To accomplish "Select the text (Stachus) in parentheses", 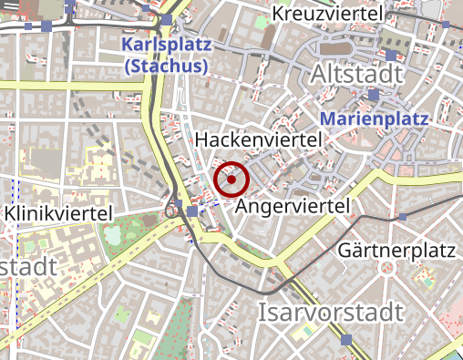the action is pyautogui.click(x=166, y=67).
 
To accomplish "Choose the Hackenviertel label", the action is pyautogui.click(x=260, y=139).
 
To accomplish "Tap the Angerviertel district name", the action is pyautogui.click(x=293, y=207).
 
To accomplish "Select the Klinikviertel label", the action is pyautogui.click(x=59, y=212).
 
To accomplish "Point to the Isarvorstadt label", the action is pyautogui.click(x=331, y=313).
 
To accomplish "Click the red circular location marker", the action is pyautogui.click(x=231, y=180).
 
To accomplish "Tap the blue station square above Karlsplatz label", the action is pyautogui.click(x=167, y=19).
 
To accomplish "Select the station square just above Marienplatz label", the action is pyautogui.click(x=374, y=95).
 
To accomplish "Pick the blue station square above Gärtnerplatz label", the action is pyautogui.click(x=403, y=216).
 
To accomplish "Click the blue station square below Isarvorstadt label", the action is pyautogui.click(x=345, y=340).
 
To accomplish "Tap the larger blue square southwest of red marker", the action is pyautogui.click(x=191, y=211).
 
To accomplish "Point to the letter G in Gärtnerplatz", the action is pyautogui.click(x=345, y=248).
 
